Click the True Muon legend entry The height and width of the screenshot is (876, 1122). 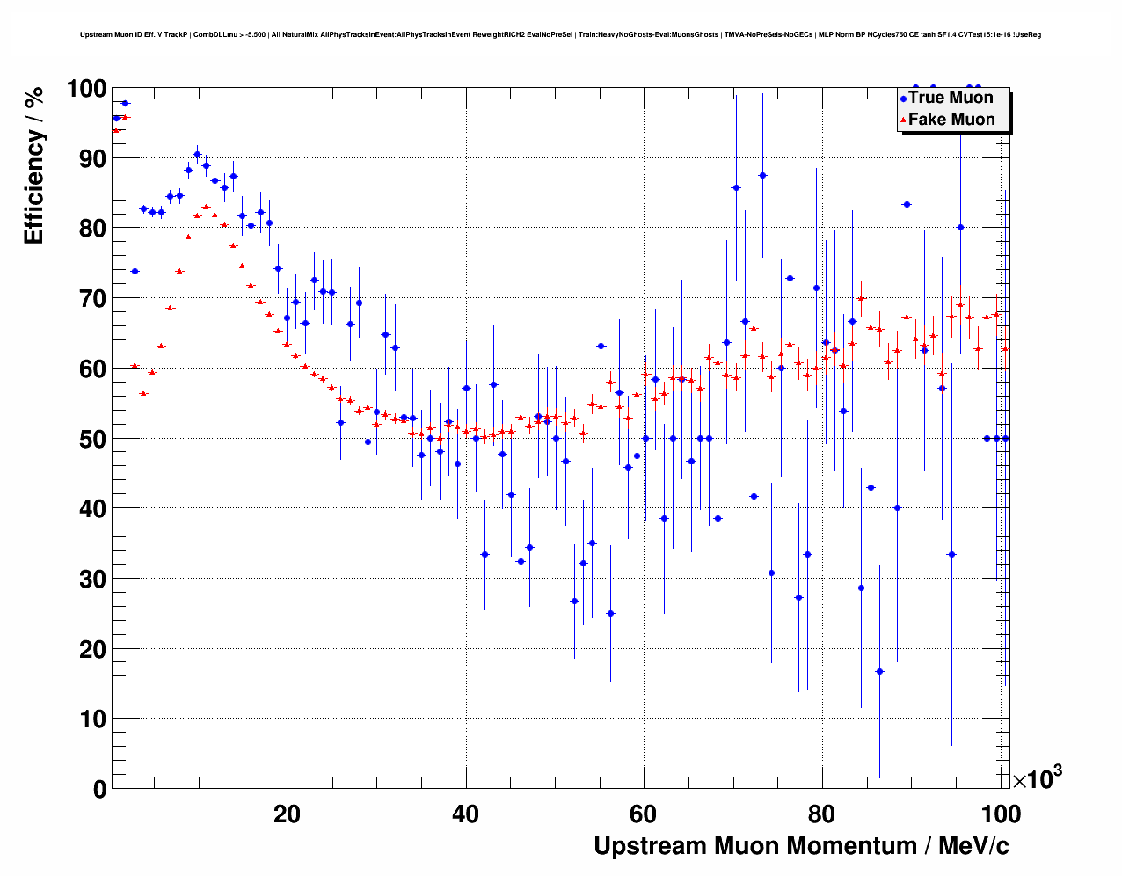click(x=951, y=98)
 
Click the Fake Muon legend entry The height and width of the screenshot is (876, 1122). click(x=951, y=120)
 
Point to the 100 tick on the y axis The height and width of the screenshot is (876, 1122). click(x=86, y=89)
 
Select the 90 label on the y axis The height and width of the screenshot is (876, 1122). click(x=86, y=158)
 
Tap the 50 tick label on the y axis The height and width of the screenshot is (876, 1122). click(x=86, y=439)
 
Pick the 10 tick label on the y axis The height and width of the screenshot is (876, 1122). click(x=86, y=719)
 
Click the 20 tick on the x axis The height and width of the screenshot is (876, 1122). click(x=287, y=814)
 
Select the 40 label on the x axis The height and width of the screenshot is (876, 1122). click(x=465, y=814)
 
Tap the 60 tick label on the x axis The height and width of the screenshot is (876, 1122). click(x=644, y=814)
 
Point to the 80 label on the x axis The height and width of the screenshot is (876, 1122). click(x=822, y=814)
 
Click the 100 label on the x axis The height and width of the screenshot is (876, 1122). click(x=1001, y=814)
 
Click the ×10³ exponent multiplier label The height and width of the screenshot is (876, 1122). click(x=1038, y=778)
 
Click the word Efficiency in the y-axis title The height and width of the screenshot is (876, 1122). click(x=34, y=189)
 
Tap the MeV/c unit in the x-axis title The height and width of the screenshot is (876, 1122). click(x=973, y=846)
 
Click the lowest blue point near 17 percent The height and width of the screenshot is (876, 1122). click(x=879, y=671)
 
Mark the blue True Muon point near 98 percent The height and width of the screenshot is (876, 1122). click(x=125, y=103)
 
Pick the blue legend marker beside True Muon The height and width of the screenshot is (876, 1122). click(x=903, y=99)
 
